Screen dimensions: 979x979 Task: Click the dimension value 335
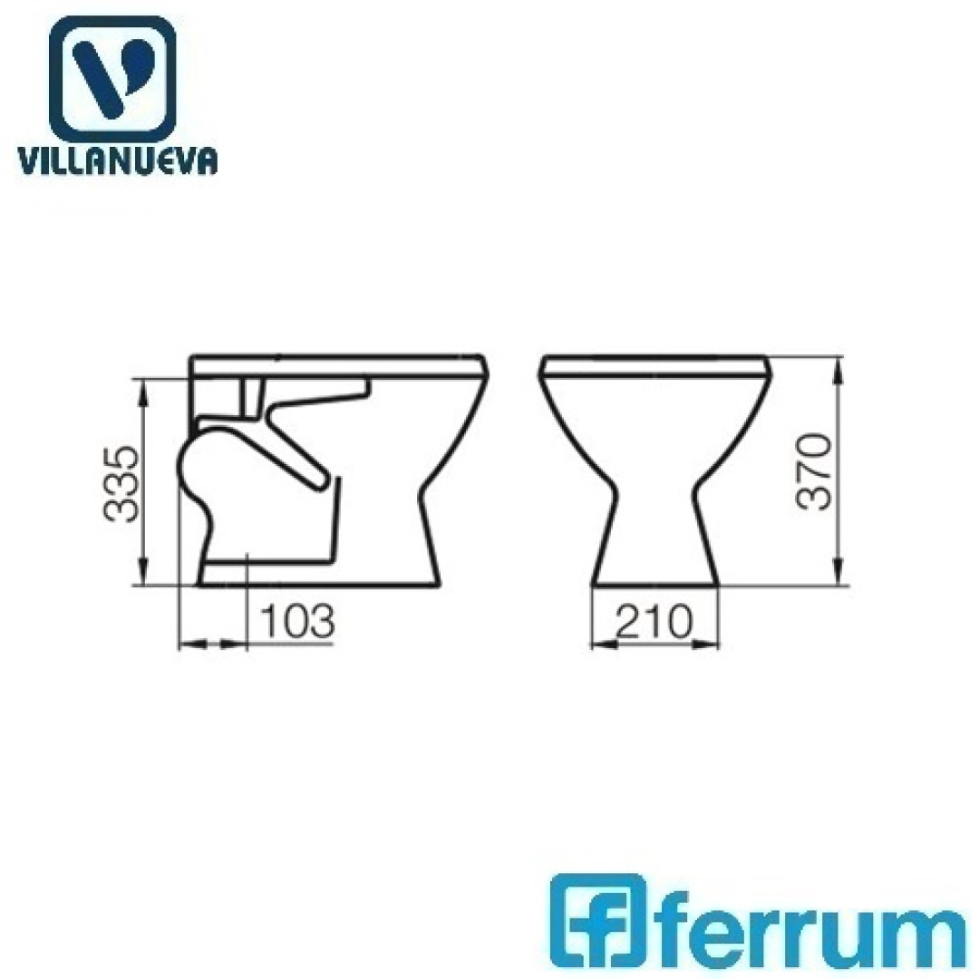[x=121, y=483]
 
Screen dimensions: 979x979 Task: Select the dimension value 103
[x=297, y=621]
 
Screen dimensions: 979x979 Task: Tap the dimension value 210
[x=654, y=621]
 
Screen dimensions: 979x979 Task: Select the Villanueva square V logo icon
[x=112, y=78]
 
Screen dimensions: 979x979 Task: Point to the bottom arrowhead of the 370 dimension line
[x=838, y=572]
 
